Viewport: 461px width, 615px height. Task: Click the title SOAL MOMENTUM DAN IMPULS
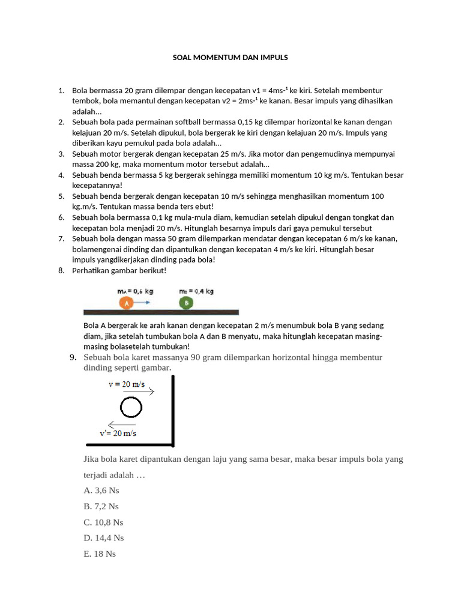pos(230,58)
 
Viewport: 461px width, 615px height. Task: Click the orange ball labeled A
pos(126,303)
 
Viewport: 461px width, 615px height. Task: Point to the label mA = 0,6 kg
pos(135,291)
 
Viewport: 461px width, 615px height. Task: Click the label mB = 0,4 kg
pos(196,291)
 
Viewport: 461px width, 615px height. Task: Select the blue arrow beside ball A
pos(142,303)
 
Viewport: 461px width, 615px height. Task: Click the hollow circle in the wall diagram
pos(131,408)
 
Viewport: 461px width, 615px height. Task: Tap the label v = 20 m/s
pos(127,384)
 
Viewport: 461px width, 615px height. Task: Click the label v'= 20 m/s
pos(118,433)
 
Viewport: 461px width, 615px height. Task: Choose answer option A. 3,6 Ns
pos(101,491)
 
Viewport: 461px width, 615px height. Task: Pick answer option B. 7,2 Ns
pos(101,506)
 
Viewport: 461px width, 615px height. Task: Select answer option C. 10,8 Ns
pos(104,522)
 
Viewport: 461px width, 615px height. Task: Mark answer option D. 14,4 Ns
pos(104,538)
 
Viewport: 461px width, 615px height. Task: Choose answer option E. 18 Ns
pos(100,554)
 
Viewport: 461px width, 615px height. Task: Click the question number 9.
pos(73,357)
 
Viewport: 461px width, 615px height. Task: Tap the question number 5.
pos(61,196)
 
